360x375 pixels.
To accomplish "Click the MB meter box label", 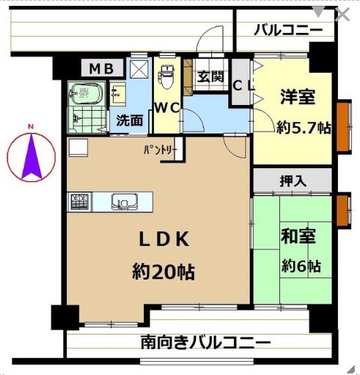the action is [101, 68].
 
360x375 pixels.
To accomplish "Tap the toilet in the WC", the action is [167, 76].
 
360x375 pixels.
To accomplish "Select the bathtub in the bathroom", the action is [87, 93].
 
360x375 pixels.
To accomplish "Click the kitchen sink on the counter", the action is [125, 202].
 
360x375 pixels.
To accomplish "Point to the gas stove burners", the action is [79, 202].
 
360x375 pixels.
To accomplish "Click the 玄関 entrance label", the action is [210, 77].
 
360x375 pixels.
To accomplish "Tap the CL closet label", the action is [243, 86].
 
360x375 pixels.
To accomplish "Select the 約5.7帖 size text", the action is [304, 128].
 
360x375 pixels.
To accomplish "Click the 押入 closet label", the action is [293, 181].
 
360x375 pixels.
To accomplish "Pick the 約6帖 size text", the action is [301, 266].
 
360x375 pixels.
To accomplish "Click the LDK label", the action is [164, 239].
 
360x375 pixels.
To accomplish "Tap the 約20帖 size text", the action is [164, 272].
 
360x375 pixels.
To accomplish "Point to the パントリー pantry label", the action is [159, 150].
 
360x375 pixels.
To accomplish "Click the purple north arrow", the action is [32, 156].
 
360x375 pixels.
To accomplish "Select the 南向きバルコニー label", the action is [206, 343].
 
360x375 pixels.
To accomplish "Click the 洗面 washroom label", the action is [130, 120].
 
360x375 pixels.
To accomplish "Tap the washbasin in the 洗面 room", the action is [118, 94].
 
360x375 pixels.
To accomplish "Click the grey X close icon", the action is [342, 15].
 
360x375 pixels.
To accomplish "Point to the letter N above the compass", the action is [31, 126].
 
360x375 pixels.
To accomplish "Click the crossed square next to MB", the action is [139, 69].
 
